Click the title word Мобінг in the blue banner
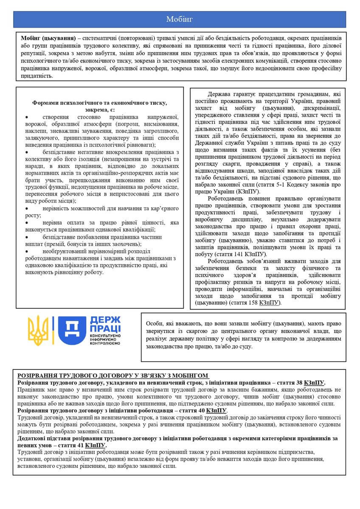pos(180,20)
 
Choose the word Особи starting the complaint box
pos(155,323)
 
